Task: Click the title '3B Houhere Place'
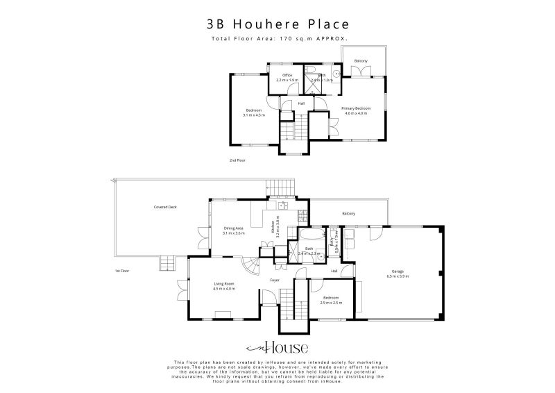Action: tap(277, 23)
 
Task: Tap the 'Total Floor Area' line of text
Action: tap(277, 39)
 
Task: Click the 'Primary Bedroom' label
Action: tap(356, 108)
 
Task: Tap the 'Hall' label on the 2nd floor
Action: tap(301, 103)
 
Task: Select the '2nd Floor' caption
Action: tap(237, 160)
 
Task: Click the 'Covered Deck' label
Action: tap(165, 207)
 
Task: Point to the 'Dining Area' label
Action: tap(233, 228)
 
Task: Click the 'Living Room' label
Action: tap(223, 283)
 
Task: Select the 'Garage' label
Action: tap(398, 271)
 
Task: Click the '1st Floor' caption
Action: tap(123, 270)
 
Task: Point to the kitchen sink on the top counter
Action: tap(282, 206)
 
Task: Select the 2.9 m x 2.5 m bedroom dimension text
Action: tap(332, 303)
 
